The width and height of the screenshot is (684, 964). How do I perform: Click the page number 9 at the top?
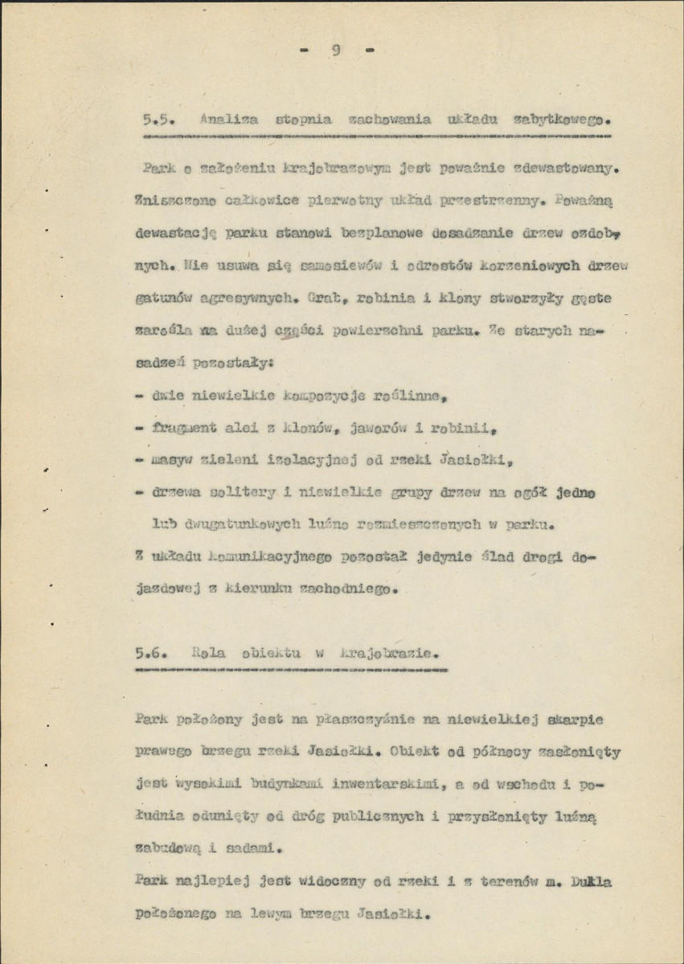pos(336,51)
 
